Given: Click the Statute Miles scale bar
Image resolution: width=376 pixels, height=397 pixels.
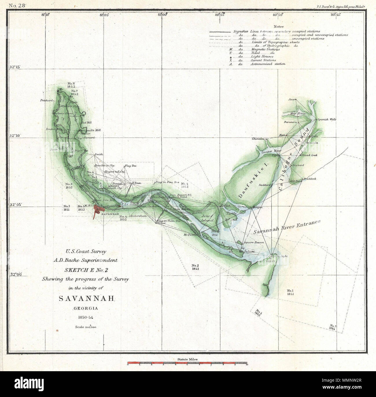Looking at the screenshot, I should tap(187, 363).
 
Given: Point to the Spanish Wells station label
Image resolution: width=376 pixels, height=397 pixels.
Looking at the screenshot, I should tap(327, 119).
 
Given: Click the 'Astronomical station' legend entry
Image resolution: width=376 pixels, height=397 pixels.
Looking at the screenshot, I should tap(268, 64).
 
